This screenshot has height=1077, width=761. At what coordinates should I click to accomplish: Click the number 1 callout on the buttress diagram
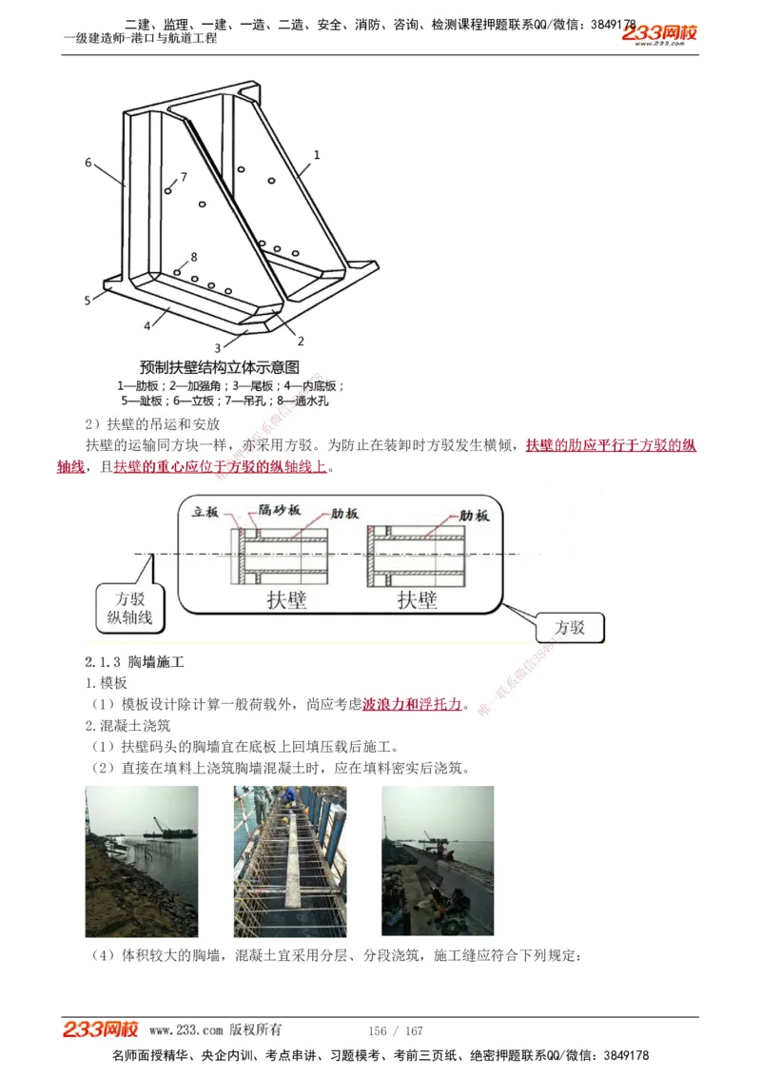[x=317, y=153]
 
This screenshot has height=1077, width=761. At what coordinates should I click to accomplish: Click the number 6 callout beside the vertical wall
[x=88, y=163]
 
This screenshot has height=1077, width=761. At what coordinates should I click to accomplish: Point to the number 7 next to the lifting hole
[x=184, y=177]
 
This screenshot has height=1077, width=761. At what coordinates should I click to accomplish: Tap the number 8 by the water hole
[x=194, y=257]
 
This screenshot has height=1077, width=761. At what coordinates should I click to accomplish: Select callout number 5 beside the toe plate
[x=87, y=301]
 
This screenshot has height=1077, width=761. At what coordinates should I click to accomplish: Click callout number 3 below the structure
[x=217, y=348]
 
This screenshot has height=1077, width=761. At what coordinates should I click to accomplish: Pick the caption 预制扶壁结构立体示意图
[x=220, y=367]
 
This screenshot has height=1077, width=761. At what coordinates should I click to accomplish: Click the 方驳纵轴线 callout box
[x=129, y=607]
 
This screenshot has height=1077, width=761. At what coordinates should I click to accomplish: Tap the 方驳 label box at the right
[x=570, y=628]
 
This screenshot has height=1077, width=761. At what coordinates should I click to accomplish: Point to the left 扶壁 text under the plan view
[x=286, y=600]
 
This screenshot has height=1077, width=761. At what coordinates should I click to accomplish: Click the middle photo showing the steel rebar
[x=290, y=861]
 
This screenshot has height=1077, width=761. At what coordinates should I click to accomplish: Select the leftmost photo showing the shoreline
[x=142, y=861]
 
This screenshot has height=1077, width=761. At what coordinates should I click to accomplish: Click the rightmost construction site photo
[x=438, y=861]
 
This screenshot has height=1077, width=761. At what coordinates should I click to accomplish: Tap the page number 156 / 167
[x=395, y=1031]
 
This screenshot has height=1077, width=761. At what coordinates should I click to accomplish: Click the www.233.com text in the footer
[x=186, y=1030]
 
